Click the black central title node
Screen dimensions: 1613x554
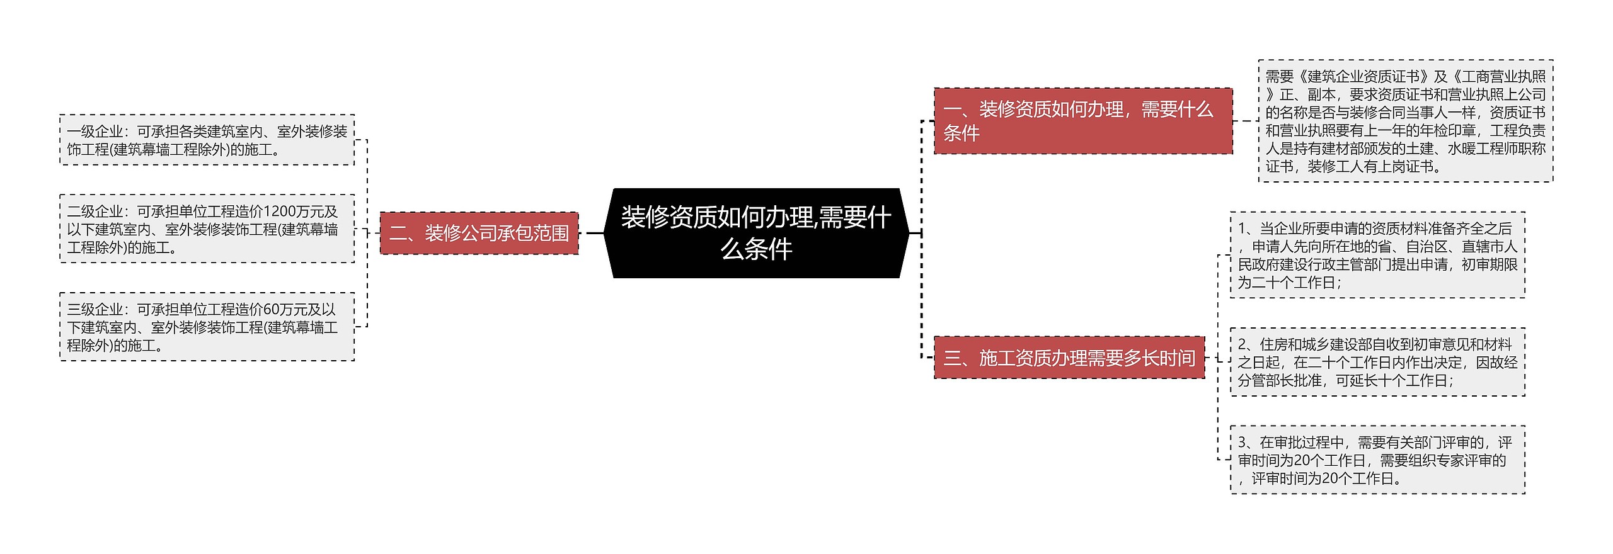756,233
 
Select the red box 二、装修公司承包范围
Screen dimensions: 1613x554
479,233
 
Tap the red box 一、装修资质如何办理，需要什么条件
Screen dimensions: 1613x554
1083,121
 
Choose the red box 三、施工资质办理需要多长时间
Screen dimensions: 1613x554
1069,358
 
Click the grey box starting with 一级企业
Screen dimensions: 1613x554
207,140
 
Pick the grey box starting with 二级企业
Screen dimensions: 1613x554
207,229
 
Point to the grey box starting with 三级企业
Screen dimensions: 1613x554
207,327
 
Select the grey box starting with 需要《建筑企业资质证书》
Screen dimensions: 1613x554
1406,121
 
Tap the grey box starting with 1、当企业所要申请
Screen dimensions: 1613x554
1378,255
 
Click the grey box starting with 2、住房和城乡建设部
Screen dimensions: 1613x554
1378,362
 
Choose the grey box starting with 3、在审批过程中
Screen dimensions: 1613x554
1378,460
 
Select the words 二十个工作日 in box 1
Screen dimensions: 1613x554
1294,283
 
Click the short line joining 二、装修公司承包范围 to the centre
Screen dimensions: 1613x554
595,233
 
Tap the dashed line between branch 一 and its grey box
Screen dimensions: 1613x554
1246,121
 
